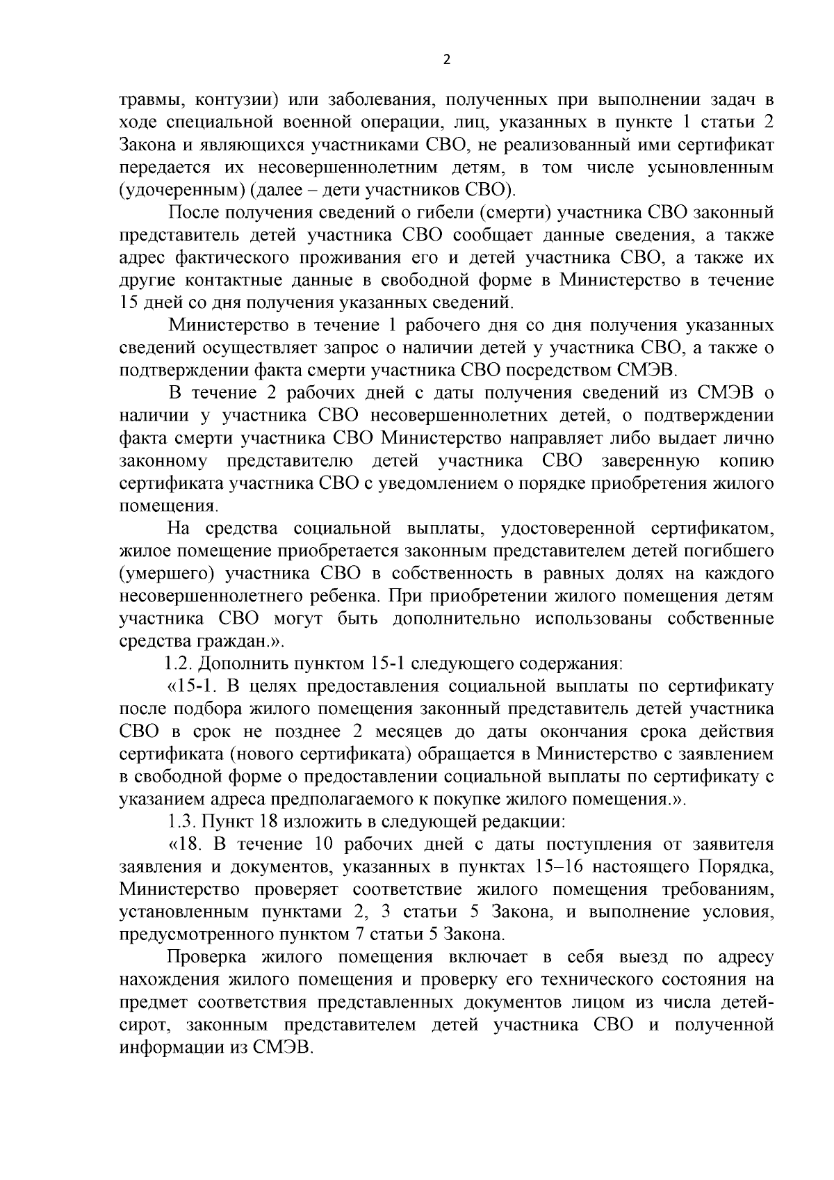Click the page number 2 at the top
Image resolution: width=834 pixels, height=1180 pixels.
click(x=446, y=60)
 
